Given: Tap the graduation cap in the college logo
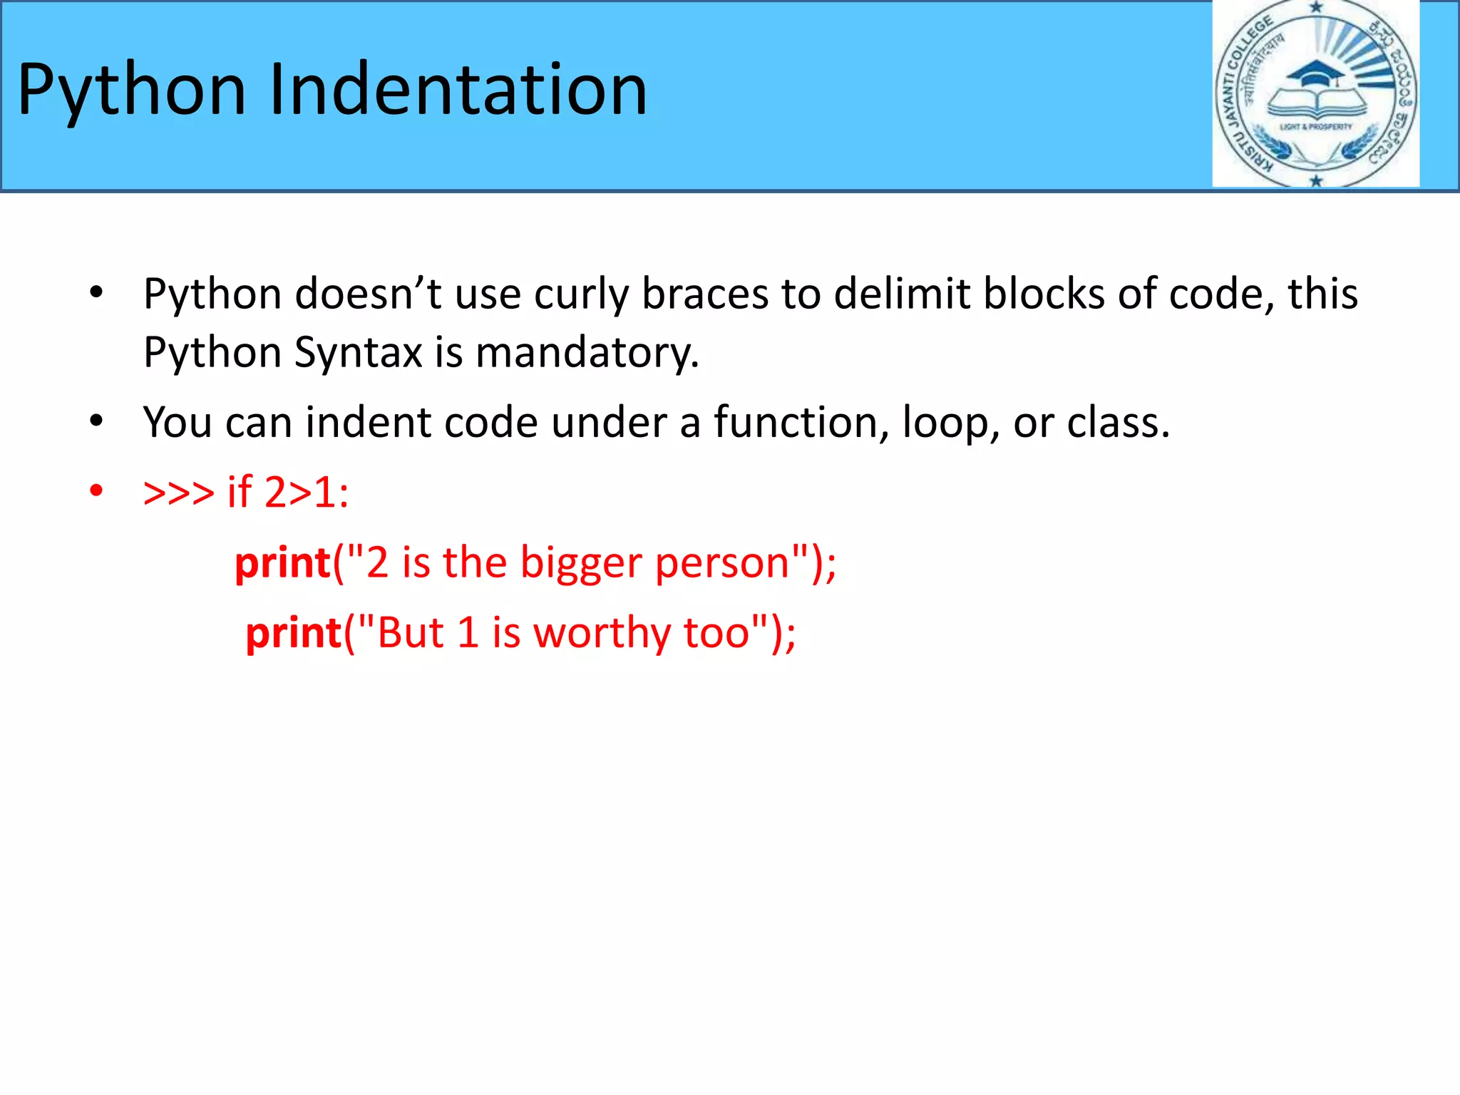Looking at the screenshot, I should pos(1315,73).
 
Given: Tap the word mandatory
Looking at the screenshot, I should pos(586,352).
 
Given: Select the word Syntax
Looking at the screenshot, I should pos(358,352).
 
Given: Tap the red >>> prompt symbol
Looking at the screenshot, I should pos(178,492).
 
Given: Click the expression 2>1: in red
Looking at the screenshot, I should pos(307,492).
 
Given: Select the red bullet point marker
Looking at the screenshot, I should pos(96,491).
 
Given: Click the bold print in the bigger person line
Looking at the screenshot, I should pos(282,563).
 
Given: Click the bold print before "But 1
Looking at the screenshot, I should pos(293,633).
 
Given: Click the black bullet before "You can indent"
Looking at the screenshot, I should pos(96,421).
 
